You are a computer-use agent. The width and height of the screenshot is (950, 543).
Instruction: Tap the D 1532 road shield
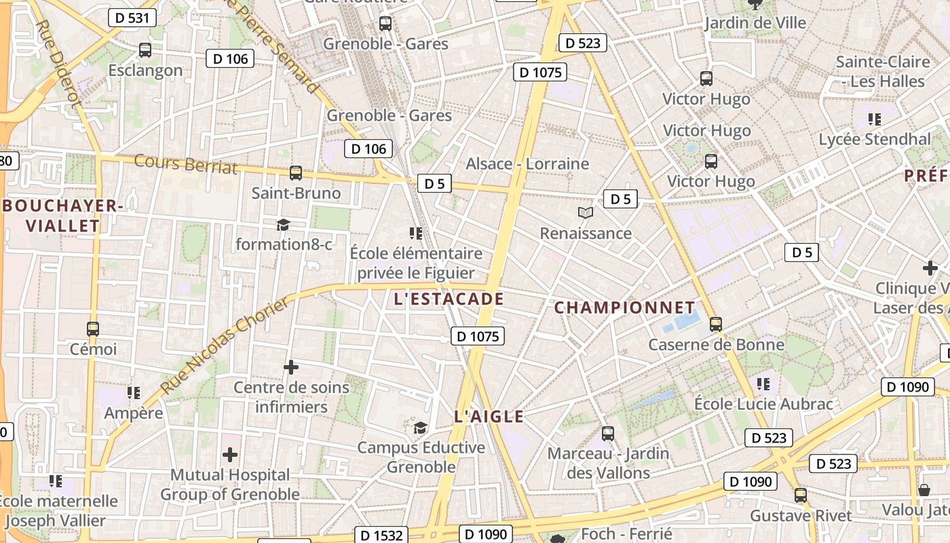381,535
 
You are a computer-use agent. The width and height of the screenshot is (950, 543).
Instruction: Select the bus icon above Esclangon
145,50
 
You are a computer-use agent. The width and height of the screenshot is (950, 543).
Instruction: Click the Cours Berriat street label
186,164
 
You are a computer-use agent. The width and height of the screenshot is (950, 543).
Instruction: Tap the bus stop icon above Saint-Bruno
295,172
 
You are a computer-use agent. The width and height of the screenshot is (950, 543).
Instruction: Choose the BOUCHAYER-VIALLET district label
62,215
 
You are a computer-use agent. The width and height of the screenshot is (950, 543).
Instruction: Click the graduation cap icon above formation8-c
283,224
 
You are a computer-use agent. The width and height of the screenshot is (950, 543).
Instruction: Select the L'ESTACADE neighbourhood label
449,299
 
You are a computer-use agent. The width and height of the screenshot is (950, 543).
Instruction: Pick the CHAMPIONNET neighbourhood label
625,307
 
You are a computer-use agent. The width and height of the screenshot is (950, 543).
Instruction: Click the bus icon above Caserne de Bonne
716,324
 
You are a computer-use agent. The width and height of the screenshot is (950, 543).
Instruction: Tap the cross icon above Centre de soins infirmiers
291,367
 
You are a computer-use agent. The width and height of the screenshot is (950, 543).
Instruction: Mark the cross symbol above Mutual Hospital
230,454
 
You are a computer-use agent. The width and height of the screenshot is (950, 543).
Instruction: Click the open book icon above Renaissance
586,212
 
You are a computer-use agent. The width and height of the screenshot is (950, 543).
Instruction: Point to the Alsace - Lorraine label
527,164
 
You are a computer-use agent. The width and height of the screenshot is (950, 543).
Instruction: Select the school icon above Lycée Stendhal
875,119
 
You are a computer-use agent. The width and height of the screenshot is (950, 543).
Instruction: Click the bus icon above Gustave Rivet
801,495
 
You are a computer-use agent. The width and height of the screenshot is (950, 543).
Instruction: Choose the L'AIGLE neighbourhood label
489,417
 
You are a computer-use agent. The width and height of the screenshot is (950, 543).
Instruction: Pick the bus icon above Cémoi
93,329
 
